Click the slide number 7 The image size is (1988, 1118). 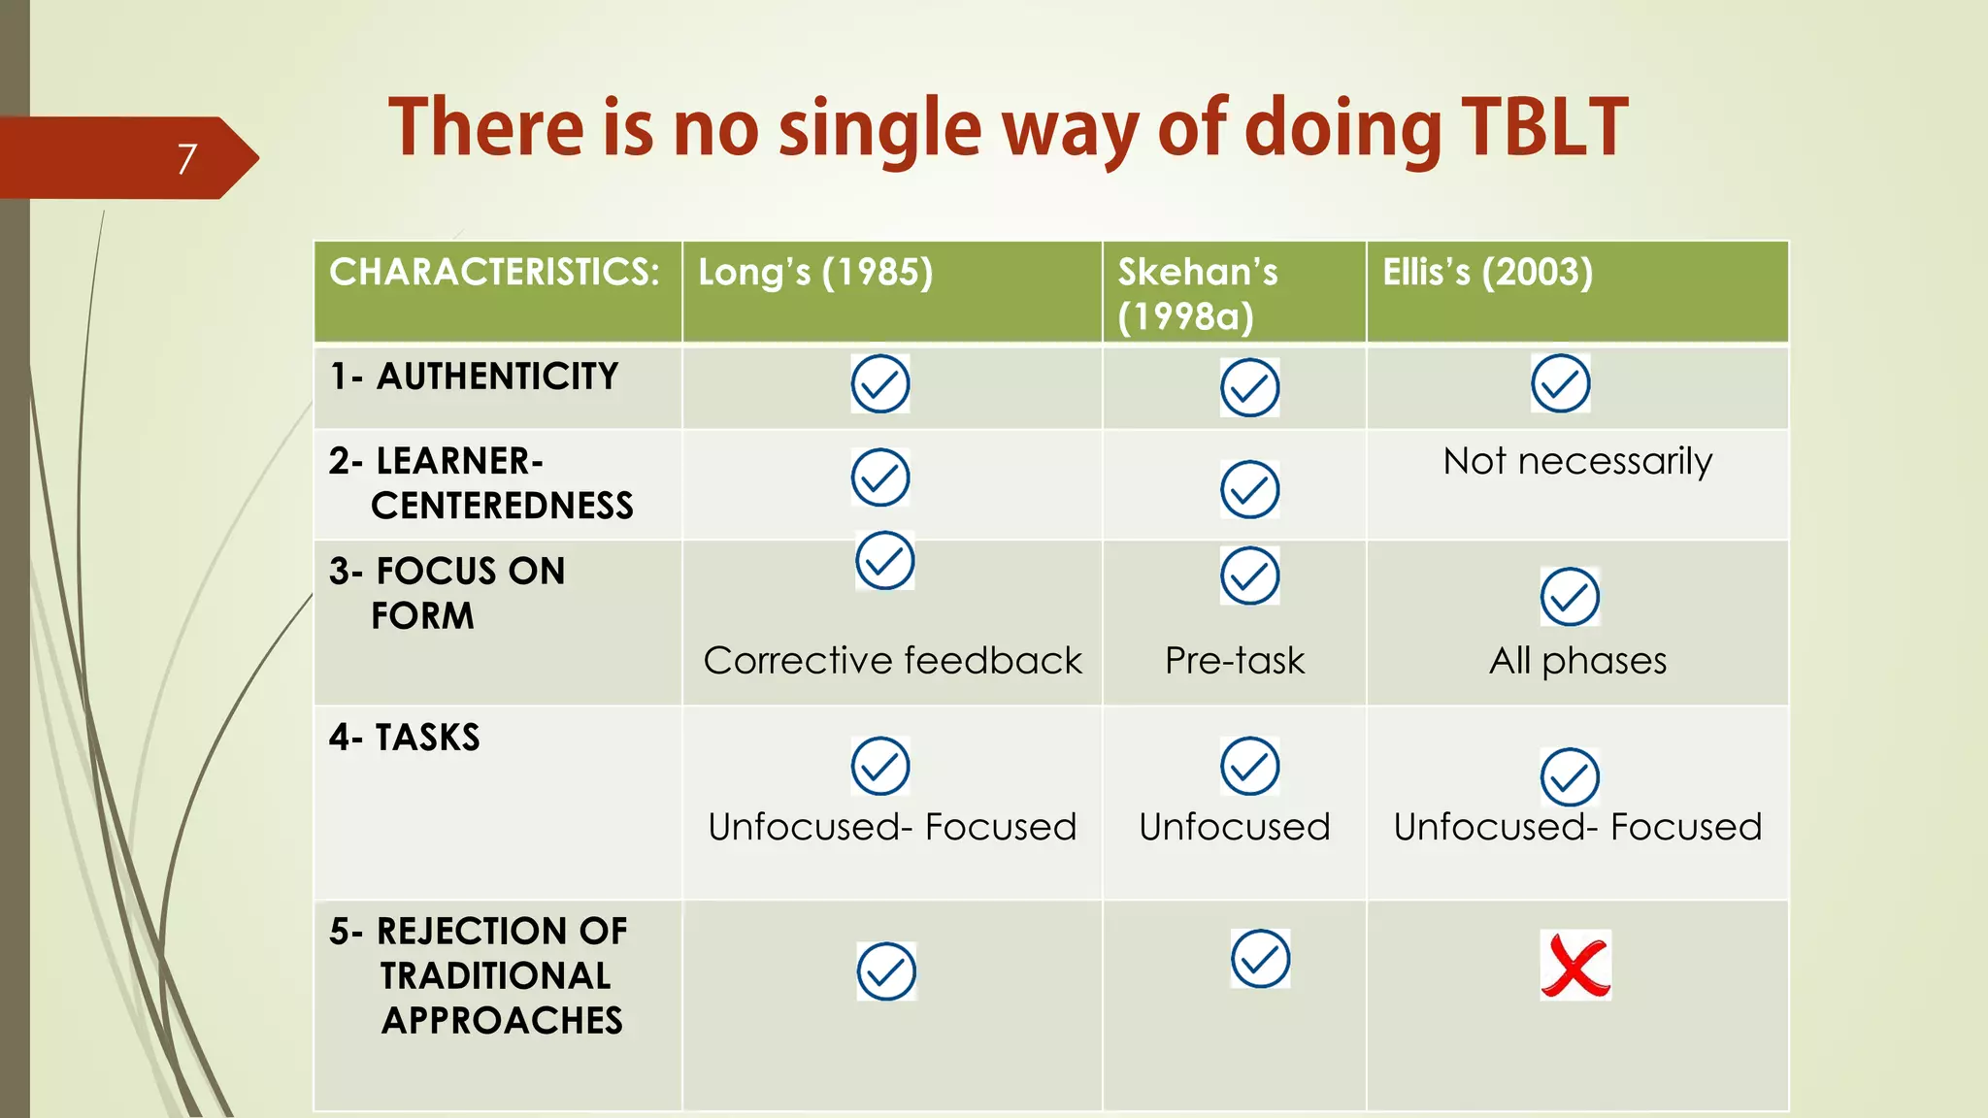pyautogui.click(x=187, y=158)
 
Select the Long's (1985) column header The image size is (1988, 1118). pyautogui.click(x=815, y=273)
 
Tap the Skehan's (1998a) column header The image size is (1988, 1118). pyautogui.click(x=1197, y=293)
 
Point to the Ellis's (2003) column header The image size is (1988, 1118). pyautogui.click(x=1487, y=273)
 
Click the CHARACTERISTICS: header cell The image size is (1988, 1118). pyautogui.click(x=494, y=273)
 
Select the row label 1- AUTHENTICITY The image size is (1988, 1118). pyautogui.click(x=474, y=377)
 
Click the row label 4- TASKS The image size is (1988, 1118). pyautogui.click(x=405, y=738)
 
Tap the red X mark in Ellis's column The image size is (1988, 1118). pyautogui.click(x=1575, y=966)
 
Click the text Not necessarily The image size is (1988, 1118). pyautogui.click(x=1577, y=461)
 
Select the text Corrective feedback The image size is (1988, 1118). pyautogui.click(x=892, y=661)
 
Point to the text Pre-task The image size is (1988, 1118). pyautogui.click(x=1235, y=661)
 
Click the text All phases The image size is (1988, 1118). pyautogui.click(x=1577, y=661)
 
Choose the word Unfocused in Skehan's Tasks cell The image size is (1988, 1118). pyautogui.click(x=1235, y=827)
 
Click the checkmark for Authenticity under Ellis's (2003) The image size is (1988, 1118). pyautogui.click(x=1560, y=383)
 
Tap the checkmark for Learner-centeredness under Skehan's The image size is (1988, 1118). pyautogui.click(x=1249, y=489)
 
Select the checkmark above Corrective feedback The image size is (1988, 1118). pyautogui.click(x=884, y=561)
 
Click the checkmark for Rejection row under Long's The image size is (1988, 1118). pyautogui.click(x=886, y=971)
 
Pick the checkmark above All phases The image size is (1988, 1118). pyautogui.click(x=1570, y=597)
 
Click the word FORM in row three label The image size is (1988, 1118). pyautogui.click(x=422, y=616)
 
